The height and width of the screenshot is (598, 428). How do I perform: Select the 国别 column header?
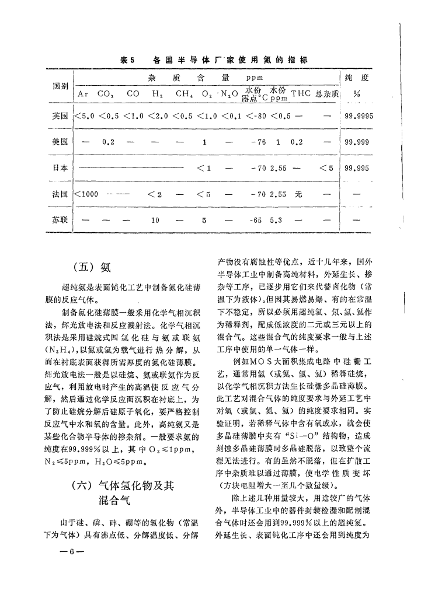(61, 86)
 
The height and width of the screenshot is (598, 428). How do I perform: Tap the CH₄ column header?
(184, 93)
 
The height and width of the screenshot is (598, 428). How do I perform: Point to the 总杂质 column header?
(327, 93)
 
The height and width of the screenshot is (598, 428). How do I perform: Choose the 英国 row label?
(61, 116)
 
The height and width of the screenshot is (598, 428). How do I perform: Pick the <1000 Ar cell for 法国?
(86, 194)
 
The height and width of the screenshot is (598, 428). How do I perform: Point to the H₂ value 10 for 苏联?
(155, 221)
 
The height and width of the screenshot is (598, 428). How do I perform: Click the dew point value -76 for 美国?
(258, 142)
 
